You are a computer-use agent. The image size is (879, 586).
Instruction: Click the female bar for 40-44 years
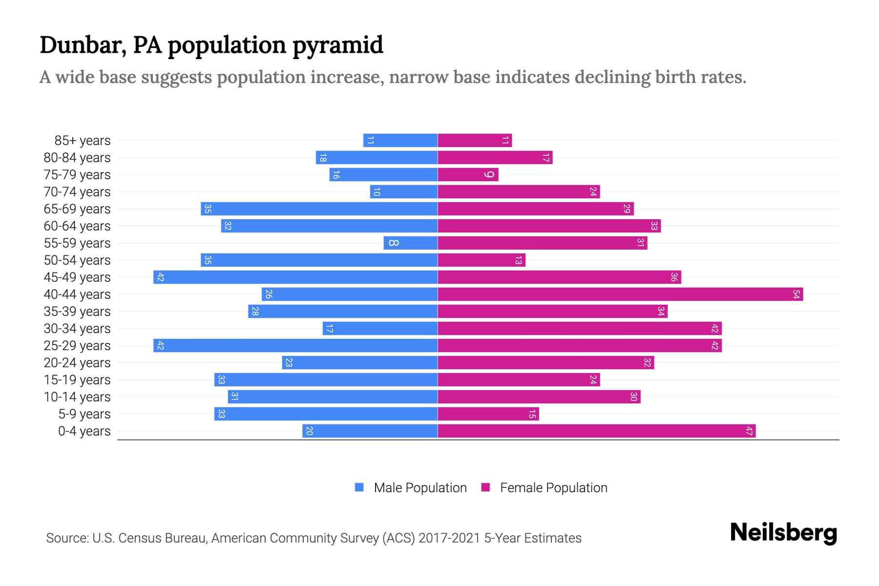click(x=620, y=294)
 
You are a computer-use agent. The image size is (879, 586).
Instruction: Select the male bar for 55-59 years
click(x=410, y=243)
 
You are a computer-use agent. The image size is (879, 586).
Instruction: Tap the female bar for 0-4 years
click(x=596, y=431)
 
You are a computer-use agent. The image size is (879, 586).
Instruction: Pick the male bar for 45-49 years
click(x=295, y=277)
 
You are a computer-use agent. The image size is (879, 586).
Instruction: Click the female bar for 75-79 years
click(x=468, y=174)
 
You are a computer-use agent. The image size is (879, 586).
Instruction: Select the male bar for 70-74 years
click(x=403, y=191)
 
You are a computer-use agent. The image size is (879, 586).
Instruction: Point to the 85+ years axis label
click(x=82, y=141)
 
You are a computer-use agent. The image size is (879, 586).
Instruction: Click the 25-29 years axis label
click(x=77, y=346)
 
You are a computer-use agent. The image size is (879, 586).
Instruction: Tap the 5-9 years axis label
click(x=84, y=414)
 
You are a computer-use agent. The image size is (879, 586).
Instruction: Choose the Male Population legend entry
click(x=411, y=487)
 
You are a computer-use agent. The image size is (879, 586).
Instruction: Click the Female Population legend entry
click(x=544, y=487)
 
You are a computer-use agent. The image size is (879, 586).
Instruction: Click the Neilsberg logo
click(x=783, y=533)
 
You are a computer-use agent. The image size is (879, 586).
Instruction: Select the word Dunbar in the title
click(x=80, y=45)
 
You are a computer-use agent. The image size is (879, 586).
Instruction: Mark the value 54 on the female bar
click(x=796, y=294)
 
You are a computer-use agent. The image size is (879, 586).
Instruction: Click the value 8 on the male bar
click(x=394, y=243)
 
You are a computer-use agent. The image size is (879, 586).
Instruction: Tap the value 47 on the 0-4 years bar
click(x=749, y=431)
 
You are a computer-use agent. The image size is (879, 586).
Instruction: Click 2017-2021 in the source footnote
click(x=449, y=538)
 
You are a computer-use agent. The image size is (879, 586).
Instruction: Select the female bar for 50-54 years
click(x=481, y=260)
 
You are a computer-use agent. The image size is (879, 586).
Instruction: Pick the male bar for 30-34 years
click(x=380, y=328)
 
